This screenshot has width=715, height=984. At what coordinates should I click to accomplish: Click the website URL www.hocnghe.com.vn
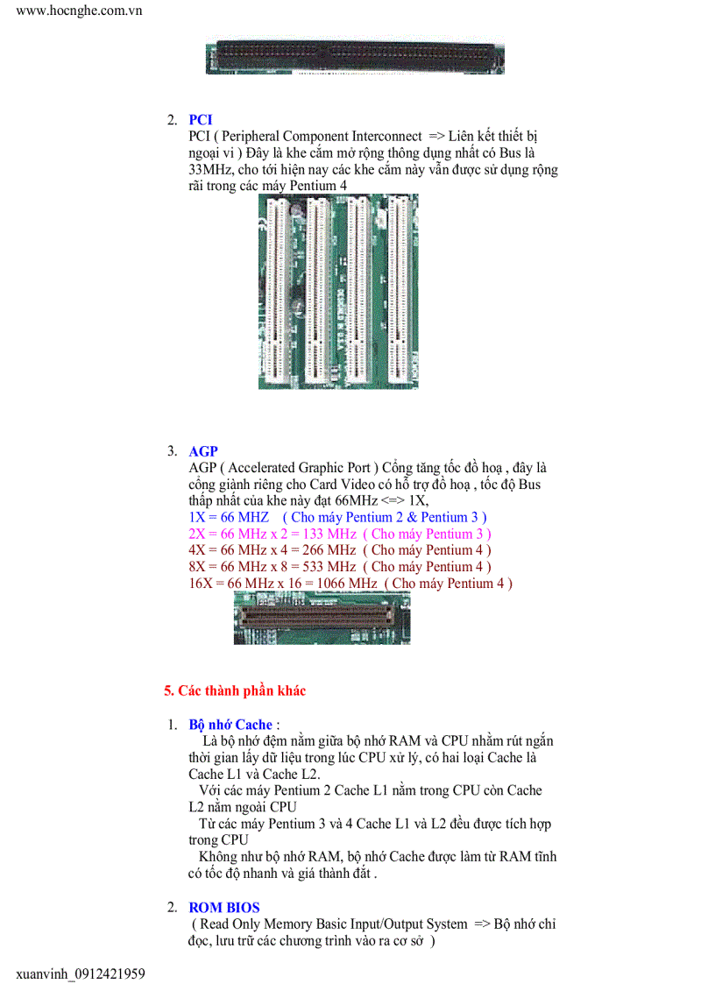pos(80,11)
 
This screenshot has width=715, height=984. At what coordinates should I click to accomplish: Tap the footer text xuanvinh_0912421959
pos(81,973)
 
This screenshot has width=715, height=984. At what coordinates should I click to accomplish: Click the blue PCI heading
pos(200,120)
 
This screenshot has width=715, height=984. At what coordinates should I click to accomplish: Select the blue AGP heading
pos(203,451)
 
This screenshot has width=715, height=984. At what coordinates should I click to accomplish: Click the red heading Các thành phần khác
pos(235,691)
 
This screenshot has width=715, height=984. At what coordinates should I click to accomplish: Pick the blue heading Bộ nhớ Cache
pos(230,725)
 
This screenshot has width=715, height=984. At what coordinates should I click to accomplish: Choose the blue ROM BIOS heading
pos(224,908)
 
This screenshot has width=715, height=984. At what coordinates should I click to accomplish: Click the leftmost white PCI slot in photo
pos(278,291)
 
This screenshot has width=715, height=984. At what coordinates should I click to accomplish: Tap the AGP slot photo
pos(322,617)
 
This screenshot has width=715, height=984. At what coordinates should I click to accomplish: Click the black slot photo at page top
pos(355,58)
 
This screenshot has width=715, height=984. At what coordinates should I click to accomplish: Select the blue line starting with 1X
pos(337,517)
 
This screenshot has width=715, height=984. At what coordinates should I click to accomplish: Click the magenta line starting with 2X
pos(339,534)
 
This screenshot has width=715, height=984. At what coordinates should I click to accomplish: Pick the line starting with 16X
pos(350,584)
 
